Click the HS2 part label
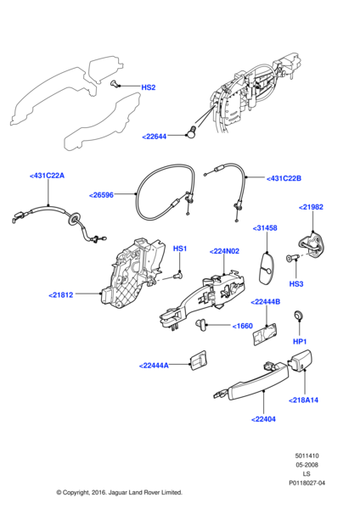coord(148,87)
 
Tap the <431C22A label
coord(47,176)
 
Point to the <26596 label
coord(101,194)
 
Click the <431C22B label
coord(284,178)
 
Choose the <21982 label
coord(311,207)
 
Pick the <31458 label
coord(267,227)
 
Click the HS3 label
coord(296,283)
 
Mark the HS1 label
coord(180,249)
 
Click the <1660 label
coord(241,325)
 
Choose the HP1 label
coord(300,341)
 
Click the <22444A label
coord(154,366)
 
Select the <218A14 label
coord(303,400)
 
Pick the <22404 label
coord(264,418)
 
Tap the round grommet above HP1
coord(298,316)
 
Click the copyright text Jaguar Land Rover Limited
coord(119,492)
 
